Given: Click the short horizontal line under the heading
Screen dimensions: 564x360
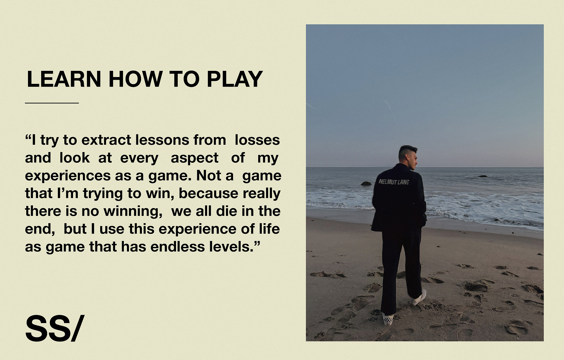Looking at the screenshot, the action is pos(52,103).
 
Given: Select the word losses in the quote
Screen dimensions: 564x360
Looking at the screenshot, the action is pos(257,140).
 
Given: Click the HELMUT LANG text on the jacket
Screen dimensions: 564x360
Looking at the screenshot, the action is pos(394,182).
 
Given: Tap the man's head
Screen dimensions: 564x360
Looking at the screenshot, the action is pos(408,157).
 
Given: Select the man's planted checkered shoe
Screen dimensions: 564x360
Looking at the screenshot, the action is pos(388,319).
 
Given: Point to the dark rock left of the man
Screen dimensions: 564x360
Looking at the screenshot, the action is pos(366,183).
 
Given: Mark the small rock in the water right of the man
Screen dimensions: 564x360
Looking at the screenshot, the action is pos(482,176).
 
